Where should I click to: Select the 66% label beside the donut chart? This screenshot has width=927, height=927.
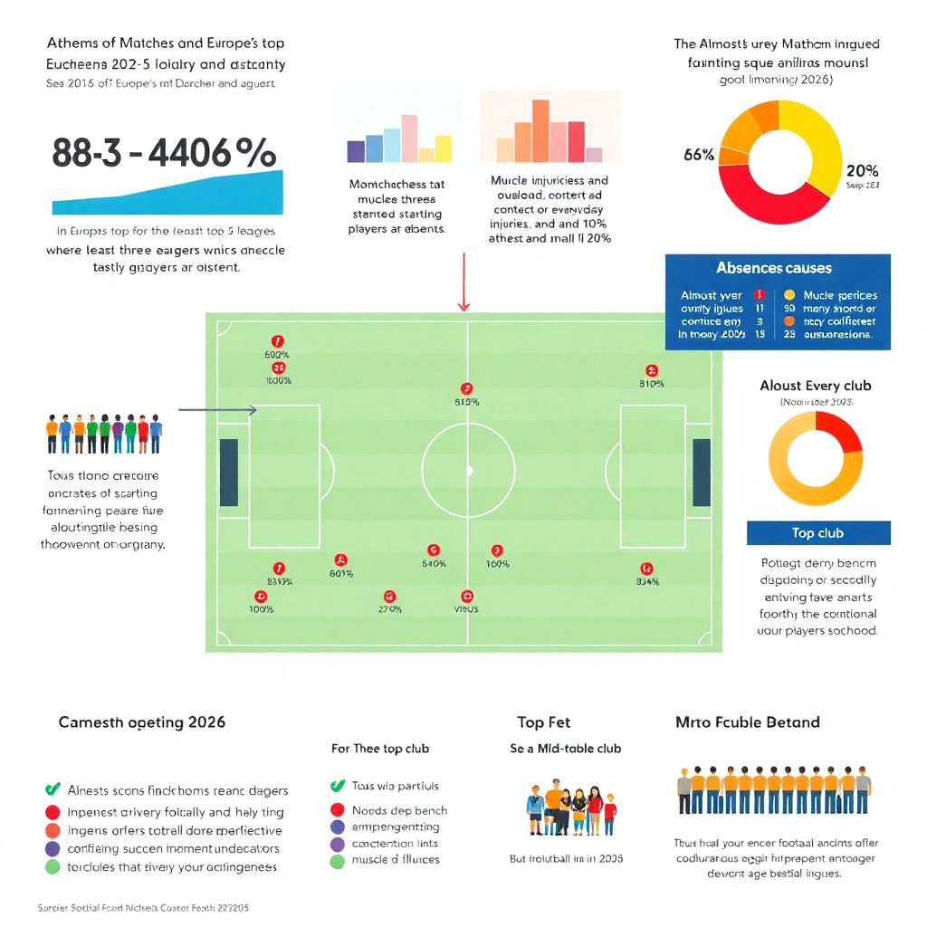click(x=699, y=155)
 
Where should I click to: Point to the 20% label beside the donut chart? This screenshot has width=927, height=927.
click(x=861, y=171)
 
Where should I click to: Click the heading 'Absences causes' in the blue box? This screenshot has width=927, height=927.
click(x=773, y=268)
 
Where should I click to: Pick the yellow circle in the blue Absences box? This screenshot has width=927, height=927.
click(x=789, y=295)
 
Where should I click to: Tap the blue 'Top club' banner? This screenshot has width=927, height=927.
click(x=817, y=533)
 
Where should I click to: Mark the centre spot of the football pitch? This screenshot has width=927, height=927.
click(x=468, y=471)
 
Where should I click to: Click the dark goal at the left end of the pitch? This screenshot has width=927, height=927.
click(x=229, y=472)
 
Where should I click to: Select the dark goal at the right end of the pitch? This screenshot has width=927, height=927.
click(x=702, y=472)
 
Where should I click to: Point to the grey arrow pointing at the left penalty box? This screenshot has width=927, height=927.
click(x=218, y=410)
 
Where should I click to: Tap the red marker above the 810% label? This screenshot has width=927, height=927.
click(x=651, y=370)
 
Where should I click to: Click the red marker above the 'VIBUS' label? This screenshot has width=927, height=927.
click(x=467, y=596)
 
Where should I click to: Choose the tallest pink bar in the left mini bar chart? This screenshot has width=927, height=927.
click(x=409, y=138)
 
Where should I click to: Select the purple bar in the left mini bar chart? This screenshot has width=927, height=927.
click(x=356, y=150)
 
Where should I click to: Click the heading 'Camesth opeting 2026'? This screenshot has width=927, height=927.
click(x=142, y=722)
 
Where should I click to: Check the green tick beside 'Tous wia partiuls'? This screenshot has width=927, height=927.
click(x=338, y=786)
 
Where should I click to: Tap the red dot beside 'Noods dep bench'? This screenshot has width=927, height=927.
click(x=338, y=810)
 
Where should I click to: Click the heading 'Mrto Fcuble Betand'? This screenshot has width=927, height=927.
click(x=747, y=722)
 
